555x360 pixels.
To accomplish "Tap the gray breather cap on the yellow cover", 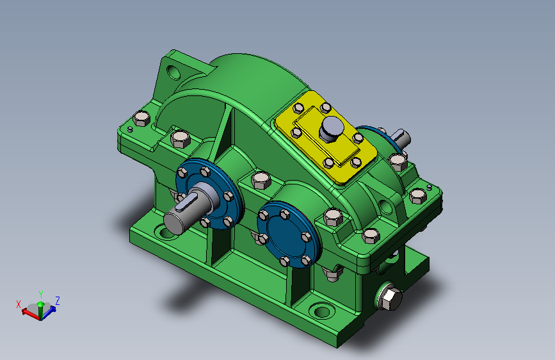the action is point(332,129).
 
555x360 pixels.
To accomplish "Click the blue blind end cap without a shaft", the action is point(288,234).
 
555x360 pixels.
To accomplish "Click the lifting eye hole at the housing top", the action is point(173,72).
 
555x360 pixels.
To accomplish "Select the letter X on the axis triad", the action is point(19,304).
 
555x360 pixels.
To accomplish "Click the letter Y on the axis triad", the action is point(41,295).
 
